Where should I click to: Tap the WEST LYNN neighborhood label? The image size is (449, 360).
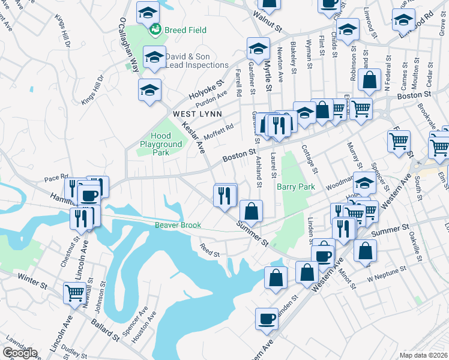[x=197, y=113]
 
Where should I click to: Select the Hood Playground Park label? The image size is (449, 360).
[x=160, y=145]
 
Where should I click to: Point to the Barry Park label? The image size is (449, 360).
[x=296, y=187]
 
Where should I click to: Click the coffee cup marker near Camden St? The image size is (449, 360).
[x=266, y=318]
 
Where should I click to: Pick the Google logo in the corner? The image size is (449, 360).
[x=19, y=353]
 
